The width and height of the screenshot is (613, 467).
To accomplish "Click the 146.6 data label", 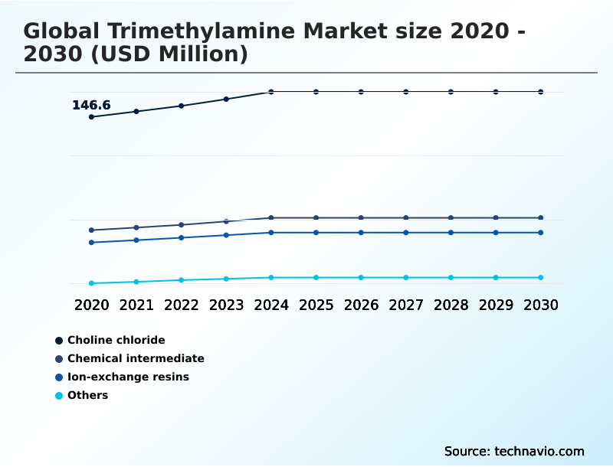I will click(91, 106).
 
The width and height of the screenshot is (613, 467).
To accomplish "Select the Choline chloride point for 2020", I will click(91, 117).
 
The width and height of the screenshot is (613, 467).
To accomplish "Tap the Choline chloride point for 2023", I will click(226, 99).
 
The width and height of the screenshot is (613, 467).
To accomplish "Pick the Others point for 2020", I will click(91, 283).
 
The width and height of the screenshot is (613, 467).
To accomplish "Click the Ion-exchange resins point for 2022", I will click(182, 237).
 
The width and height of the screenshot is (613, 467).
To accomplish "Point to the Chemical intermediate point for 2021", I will click(136, 227).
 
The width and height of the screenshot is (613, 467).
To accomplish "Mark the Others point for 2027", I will click(406, 277).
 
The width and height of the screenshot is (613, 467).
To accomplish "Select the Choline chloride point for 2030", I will click(540, 92).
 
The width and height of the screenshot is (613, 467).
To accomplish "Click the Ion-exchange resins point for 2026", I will click(361, 233).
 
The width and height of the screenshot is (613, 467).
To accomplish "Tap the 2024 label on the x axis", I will click(271, 305).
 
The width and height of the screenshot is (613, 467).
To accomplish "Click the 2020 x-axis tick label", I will click(91, 305).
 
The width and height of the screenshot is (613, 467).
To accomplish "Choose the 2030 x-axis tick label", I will click(540, 305).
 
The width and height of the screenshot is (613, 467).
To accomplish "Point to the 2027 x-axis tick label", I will click(406, 305).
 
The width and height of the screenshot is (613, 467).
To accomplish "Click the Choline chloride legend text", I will click(116, 340).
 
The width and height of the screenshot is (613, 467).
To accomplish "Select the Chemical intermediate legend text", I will click(136, 358).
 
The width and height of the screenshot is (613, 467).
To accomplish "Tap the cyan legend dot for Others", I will click(59, 396).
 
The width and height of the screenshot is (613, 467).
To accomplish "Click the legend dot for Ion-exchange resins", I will click(59, 377).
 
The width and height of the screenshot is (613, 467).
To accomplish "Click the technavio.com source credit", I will click(539, 451).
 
